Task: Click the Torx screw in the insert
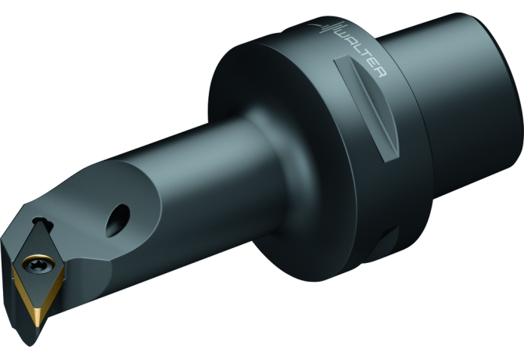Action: click(37, 260)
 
